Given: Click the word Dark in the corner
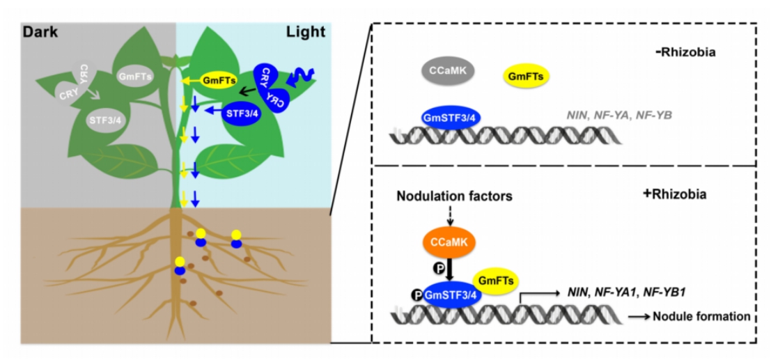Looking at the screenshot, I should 39,31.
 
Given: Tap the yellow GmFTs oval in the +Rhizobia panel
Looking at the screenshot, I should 494,280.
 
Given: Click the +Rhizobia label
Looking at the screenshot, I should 674,194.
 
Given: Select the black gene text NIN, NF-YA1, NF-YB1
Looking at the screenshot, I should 623,293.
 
